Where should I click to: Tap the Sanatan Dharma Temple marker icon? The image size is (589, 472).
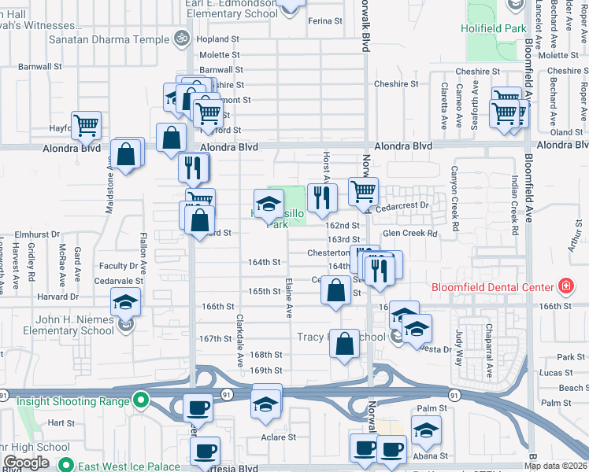click(180, 38)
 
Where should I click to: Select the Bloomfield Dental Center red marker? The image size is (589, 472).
click(565, 286)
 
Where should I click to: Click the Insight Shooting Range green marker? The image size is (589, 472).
click(141, 401)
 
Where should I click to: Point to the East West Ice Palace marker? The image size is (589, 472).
click(65, 466)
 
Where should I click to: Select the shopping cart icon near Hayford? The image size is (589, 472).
click(86, 124)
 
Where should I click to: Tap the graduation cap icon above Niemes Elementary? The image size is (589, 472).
click(124, 302)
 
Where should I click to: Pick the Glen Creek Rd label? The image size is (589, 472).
click(409, 233)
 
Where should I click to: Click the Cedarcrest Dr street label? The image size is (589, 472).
click(404, 205)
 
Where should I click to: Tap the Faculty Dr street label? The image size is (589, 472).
click(119, 266)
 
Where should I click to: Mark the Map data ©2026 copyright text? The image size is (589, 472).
click(555, 465)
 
